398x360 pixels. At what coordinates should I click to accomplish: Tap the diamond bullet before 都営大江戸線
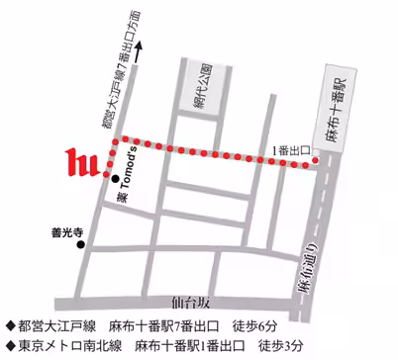(10, 323)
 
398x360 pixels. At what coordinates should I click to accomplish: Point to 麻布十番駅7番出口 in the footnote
(189, 323)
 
